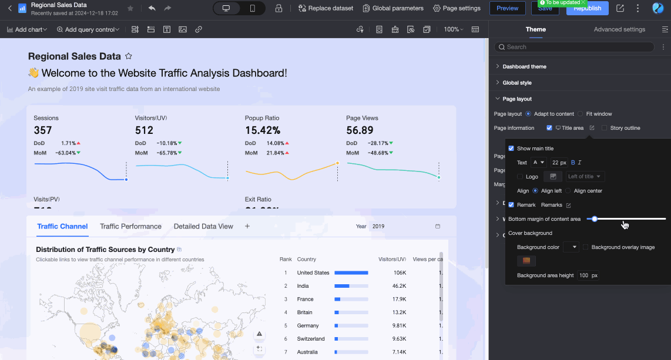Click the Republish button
click(x=587, y=8)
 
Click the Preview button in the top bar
click(x=507, y=8)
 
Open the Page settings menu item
click(x=457, y=8)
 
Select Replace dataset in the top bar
click(x=326, y=8)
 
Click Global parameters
click(x=393, y=8)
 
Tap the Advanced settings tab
click(x=619, y=29)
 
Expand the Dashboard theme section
click(x=524, y=66)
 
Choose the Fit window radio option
click(x=581, y=114)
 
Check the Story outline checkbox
click(x=605, y=128)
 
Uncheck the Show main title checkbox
click(x=511, y=149)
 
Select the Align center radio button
click(x=568, y=191)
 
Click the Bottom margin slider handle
click(x=595, y=219)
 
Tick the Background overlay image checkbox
click(x=585, y=247)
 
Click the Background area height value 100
click(x=583, y=275)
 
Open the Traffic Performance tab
click(x=130, y=226)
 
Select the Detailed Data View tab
click(x=203, y=226)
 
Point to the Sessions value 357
click(x=43, y=130)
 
